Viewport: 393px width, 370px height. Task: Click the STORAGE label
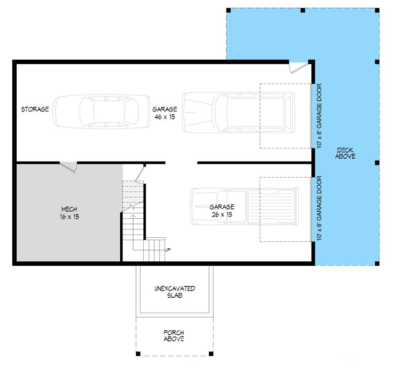(35, 110)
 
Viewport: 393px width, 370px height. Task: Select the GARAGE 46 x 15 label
(165, 113)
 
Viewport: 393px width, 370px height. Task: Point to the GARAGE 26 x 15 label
(222, 210)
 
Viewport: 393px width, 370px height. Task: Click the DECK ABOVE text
(346, 153)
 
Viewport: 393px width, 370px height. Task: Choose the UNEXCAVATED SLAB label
(174, 292)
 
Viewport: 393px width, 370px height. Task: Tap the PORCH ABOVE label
(174, 336)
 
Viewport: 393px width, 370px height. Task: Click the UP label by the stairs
(168, 250)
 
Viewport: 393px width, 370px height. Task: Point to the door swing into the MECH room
(69, 167)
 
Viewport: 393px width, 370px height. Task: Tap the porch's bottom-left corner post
(138, 354)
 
